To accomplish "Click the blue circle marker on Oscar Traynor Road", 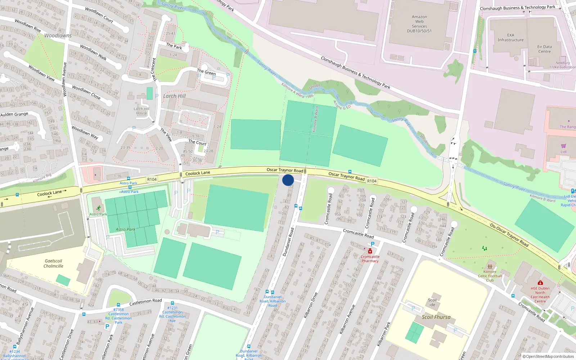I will (x=288, y=180).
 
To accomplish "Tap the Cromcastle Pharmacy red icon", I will (x=370, y=251).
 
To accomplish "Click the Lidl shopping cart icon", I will (x=563, y=146).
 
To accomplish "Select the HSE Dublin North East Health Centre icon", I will (x=540, y=283).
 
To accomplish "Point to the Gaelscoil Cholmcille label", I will (x=53, y=264).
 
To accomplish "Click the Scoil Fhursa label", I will (x=436, y=317).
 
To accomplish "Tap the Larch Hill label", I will (x=174, y=96).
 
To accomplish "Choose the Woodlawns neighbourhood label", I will (x=58, y=36).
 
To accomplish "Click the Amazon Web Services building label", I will (x=419, y=24).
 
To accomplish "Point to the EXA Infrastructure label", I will (x=510, y=37).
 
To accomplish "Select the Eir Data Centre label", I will (x=544, y=49).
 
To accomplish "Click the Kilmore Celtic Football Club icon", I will (x=490, y=267).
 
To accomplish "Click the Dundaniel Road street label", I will (x=288, y=242).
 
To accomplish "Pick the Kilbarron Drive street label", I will (x=310, y=305).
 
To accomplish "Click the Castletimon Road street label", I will (x=145, y=302).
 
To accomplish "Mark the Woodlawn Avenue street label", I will (x=65, y=79).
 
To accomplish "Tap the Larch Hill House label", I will (x=141, y=111).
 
